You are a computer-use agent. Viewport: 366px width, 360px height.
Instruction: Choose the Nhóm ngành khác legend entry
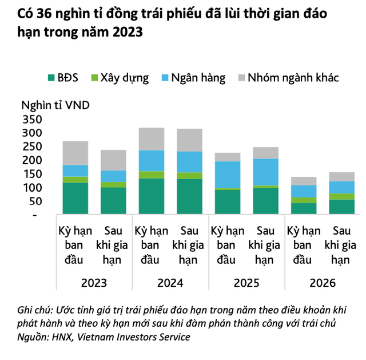click(x=292, y=78)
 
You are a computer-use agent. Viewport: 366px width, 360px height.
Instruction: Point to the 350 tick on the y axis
click(x=33, y=120)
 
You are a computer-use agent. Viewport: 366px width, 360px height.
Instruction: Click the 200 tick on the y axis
click(x=33, y=160)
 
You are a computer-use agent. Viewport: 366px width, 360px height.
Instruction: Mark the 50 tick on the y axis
click(x=36, y=201)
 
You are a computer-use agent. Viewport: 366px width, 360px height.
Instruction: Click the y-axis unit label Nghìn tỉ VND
click(x=55, y=105)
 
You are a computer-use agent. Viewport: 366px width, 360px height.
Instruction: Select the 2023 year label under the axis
click(x=94, y=283)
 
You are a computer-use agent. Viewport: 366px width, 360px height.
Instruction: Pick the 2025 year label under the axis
click(x=246, y=283)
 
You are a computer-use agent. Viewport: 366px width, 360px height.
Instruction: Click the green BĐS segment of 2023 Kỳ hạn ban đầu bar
click(x=75, y=198)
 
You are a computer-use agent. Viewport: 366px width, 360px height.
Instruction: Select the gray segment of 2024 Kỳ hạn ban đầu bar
click(x=152, y=139)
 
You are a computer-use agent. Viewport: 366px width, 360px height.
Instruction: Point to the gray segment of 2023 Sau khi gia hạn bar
click(x=113, y=160)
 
